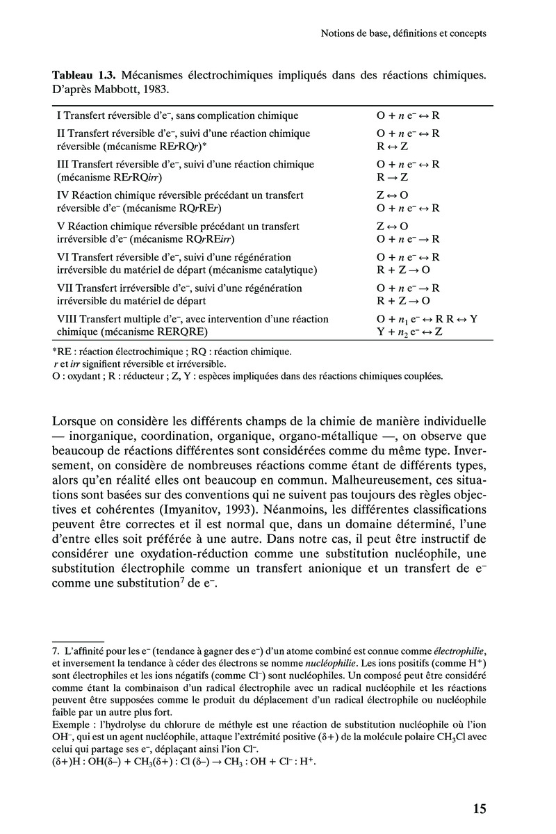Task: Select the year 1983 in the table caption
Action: [x=155, y=89]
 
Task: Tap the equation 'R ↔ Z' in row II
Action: [x=392, y=146]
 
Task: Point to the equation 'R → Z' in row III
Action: [x=392, y=177]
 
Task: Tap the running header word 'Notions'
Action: [x=332, y=33]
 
